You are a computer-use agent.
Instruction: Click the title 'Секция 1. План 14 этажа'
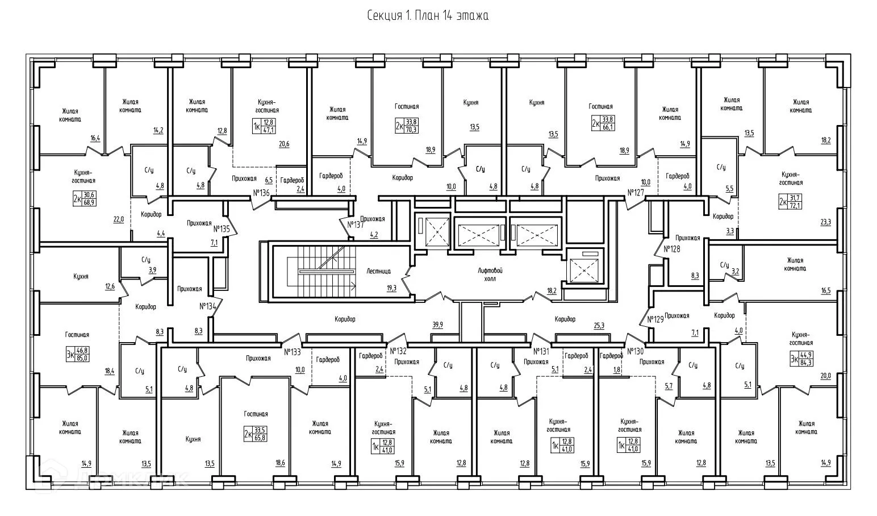point(428,16)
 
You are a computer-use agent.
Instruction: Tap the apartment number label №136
point(261,193)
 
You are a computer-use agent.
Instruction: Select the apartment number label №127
point(636,193)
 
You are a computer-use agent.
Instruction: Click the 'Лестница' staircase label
point(378,271)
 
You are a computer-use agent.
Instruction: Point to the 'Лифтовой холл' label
point(490,274)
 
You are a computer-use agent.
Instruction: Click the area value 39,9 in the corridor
point(437,324)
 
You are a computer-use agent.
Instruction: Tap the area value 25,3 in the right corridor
point(598,325)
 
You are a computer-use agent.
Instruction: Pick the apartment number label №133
point(292,351)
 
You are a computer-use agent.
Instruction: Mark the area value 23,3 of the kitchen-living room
point(825,222)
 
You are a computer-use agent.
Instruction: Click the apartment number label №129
point(655,319)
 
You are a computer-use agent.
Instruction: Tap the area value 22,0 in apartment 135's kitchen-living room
point(118,219)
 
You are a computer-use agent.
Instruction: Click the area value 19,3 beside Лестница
point(391,288)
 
